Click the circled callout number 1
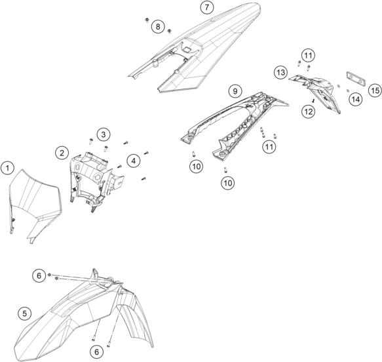pyautogui.click(x=8, y=168)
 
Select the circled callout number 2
pyautogui.click(x=62, y=153)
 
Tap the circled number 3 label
pyautogui.click(x=104, y=134)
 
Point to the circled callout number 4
pyautogui.click(x=134, y=161)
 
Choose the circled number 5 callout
pyautogui.click(x=25, y=313)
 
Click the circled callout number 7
pyautogui.click(x=207, y=7)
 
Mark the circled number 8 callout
pyautogui.click(x=158, y=26)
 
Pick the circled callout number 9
pyautogui.click(x=235, y=91)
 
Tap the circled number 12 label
pyautogui.click(x=309, y=111)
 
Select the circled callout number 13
pyautogui.click(x=280, y=72)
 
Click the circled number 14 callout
pyautogui.click(x=356, y=99)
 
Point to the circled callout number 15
pyautogui.click(x=375, y=90)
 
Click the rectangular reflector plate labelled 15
pyautogui.click(x=356, y=78)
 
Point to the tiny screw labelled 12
pyautogui.click(x=313, y=100)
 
